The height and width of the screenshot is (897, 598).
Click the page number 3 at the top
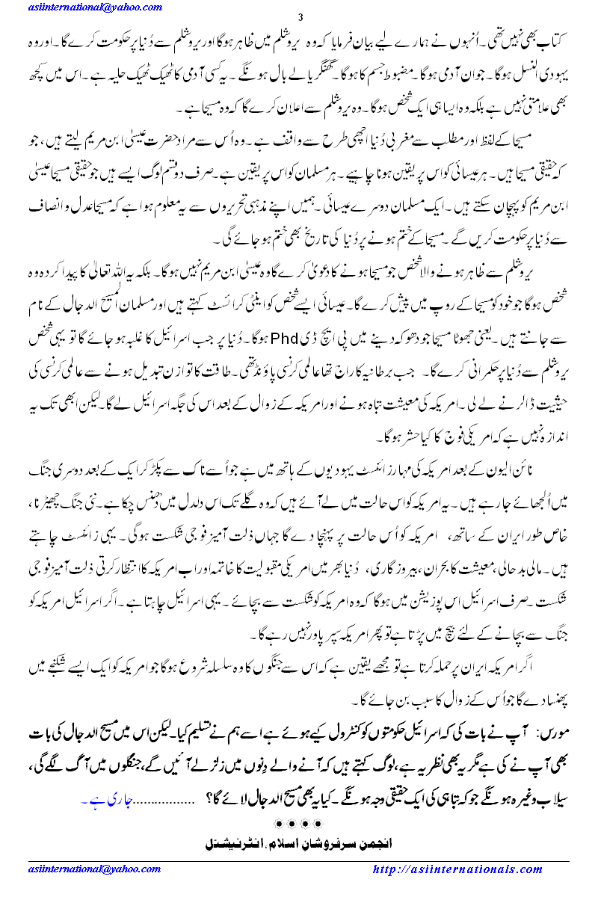[x=299, y=18]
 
